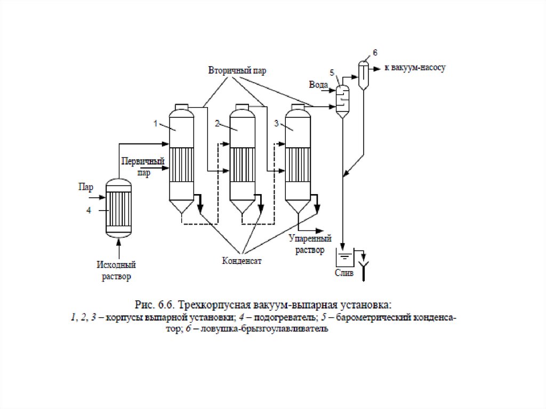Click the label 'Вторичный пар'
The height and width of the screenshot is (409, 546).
[237, 70]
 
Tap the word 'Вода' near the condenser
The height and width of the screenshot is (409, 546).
[318, 85]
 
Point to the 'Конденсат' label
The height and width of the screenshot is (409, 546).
[242, 261]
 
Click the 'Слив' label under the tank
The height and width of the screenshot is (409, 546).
[344, 273]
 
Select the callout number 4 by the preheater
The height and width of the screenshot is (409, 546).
[89, 211]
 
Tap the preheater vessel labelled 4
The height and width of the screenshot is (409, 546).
[118, 208]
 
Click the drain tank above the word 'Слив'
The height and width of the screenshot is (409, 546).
[344, 257]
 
